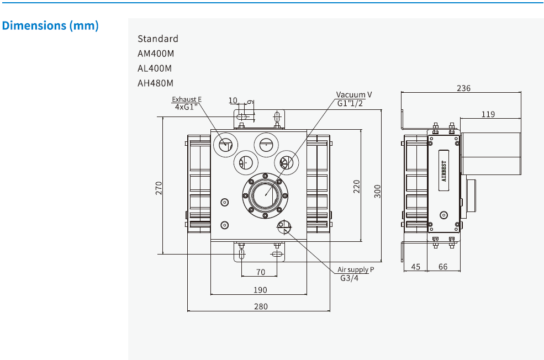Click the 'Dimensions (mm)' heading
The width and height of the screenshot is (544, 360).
(50, 25)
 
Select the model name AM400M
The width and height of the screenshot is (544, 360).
(155, 54)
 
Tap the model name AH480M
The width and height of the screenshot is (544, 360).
(155, 83)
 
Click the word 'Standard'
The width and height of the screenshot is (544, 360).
(158, 39)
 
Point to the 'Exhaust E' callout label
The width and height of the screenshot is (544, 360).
(187, 99)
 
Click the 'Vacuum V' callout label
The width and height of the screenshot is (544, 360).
(354, 95)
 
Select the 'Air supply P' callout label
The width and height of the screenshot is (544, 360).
(356, 269)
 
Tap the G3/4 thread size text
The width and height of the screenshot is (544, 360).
(349, 278)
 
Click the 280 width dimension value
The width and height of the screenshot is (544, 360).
(260, 306)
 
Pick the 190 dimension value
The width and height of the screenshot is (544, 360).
(260, 290)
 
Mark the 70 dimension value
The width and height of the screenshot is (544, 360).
(261, 272)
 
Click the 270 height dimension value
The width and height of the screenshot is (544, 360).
(159, 188)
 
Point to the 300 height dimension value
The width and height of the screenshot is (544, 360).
(377, 191)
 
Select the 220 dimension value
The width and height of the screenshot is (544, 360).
(356, 186)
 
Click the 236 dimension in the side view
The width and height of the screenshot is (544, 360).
(464, 88)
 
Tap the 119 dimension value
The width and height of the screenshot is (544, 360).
(488, 114)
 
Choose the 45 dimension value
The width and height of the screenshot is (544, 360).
(416, 267)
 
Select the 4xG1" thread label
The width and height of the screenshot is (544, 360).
(187, 107)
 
